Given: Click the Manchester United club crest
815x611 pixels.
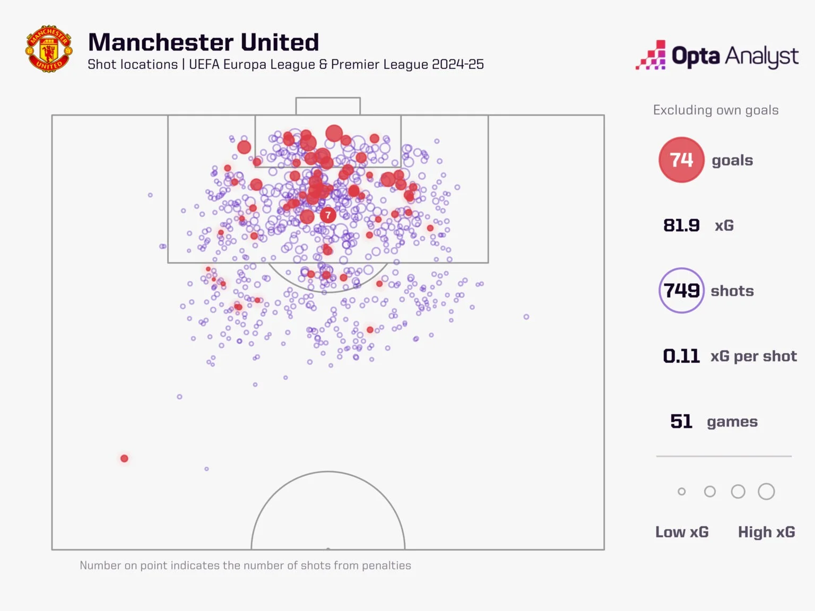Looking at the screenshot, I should coord(49,49).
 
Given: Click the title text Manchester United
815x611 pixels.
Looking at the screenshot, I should coord(203,42).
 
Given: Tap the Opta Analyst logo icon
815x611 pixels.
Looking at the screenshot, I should coord(651,55).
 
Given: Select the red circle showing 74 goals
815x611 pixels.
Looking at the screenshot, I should coord(681,160).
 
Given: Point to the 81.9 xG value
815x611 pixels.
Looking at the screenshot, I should coord(681,225).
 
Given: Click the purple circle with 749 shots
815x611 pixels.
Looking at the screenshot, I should coord(681,291).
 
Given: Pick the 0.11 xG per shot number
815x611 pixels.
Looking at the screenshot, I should coord(681,356).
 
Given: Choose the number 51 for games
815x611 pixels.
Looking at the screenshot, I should coord(681,422).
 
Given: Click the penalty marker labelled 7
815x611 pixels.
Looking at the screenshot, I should coord(328,215).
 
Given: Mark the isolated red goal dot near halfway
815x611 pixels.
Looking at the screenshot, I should coord(124,458).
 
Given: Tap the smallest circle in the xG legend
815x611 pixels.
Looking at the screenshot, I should coord(682,492).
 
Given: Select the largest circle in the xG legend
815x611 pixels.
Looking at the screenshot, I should coord(766,492).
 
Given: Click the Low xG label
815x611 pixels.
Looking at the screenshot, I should coord(682,532).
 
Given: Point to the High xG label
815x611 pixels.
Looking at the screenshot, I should coord(766,532).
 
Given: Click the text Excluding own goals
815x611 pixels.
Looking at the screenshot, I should coord(716,110).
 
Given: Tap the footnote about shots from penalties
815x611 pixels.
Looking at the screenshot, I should coord(245,565).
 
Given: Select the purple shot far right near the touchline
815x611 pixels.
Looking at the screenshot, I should coord(526,317).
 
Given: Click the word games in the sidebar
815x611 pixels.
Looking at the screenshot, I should coord(732,422).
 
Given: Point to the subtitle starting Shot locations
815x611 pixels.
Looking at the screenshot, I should coord(285,65).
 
